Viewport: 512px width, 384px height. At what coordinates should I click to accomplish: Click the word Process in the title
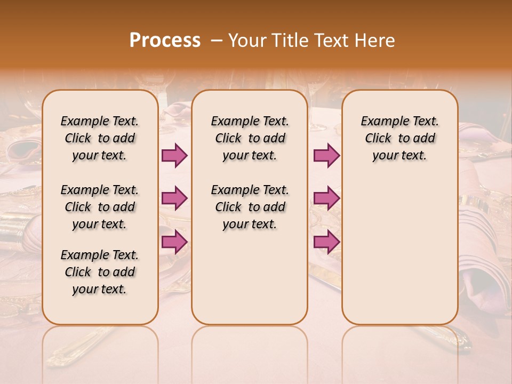tap(165, 41)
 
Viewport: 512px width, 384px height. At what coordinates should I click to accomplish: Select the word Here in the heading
tap(375, 41)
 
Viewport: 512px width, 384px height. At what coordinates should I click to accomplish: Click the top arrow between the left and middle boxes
tap(174, 155)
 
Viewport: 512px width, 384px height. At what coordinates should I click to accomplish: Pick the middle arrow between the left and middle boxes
tap(174, 198)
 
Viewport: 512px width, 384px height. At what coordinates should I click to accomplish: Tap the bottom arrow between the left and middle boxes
tap(174, 242)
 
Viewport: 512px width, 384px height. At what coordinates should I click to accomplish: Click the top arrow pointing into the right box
tap(326, 155)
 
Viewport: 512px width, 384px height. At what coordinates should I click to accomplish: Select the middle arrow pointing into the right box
tap(326, 198)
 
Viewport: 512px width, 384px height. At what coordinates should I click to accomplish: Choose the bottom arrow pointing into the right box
tap(326, 242)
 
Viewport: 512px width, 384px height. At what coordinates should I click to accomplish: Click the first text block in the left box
tap(100, 138)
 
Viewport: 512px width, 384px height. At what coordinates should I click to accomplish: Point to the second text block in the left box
tap(100, 207)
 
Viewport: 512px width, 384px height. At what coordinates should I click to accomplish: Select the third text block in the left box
tap(100, 272)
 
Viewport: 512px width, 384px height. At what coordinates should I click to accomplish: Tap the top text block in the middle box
tap(250, 138)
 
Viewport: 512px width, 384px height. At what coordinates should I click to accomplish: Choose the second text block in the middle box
tap(250, 207)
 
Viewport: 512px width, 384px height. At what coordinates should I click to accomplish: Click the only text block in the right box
tap(399, 138)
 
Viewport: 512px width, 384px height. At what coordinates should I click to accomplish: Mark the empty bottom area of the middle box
tap(250, 283)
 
